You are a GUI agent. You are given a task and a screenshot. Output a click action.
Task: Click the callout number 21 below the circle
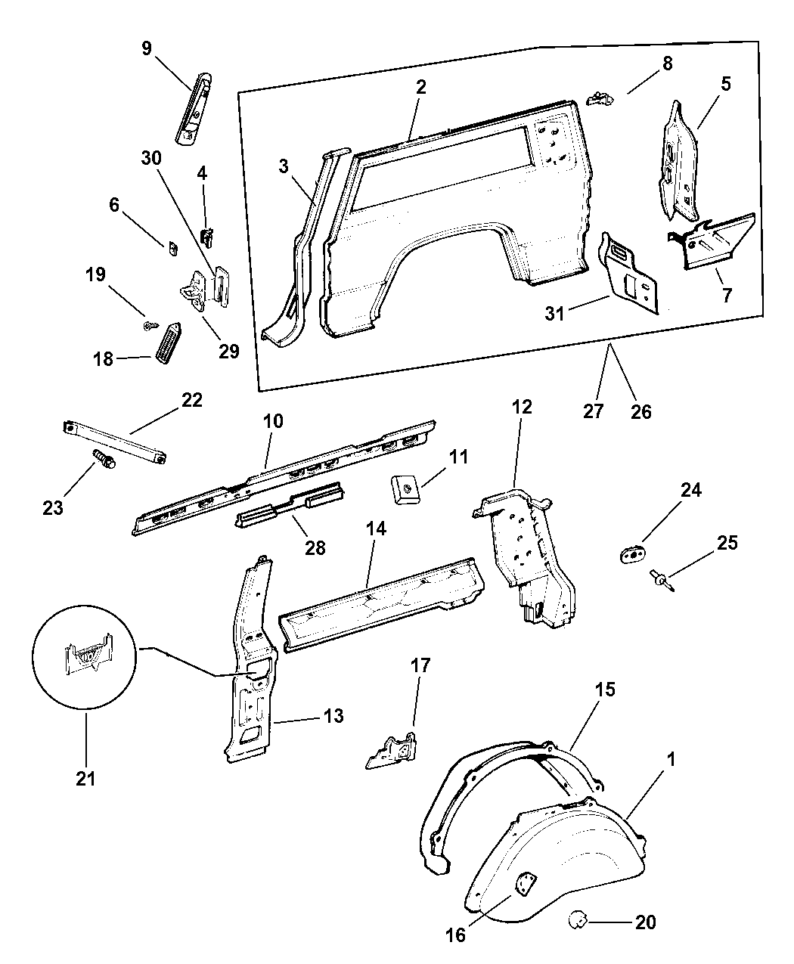coord(85,776)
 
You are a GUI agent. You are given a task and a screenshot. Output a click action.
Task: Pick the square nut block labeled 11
coord(405,488)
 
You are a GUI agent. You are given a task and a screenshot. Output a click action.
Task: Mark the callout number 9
coord(146,49)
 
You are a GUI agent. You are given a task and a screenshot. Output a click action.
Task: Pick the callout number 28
coord(315,547)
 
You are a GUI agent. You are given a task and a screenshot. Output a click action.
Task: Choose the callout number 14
coord(376,528)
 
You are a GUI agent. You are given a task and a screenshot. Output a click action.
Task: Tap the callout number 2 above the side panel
coord(420,86)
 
